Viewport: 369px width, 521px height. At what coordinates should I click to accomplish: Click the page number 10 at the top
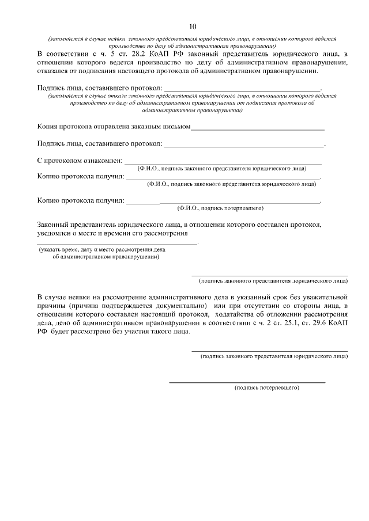193,26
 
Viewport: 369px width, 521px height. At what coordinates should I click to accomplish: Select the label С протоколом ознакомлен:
80,160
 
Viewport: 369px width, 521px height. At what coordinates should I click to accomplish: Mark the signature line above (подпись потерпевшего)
247,382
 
